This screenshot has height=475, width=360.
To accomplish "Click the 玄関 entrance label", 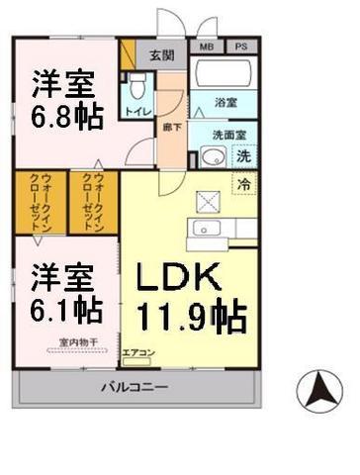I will pyautogui.click(x=160, y=55).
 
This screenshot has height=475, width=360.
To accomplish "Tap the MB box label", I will pyautogui.click(x=207, y=46).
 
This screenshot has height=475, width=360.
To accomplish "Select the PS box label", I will pyautogui.click(x=240, y=46).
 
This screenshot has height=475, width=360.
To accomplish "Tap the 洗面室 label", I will pyautogui.click(x=225, y=136).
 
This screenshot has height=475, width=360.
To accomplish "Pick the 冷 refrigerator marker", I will pyautogui.click(x=243, y=182).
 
